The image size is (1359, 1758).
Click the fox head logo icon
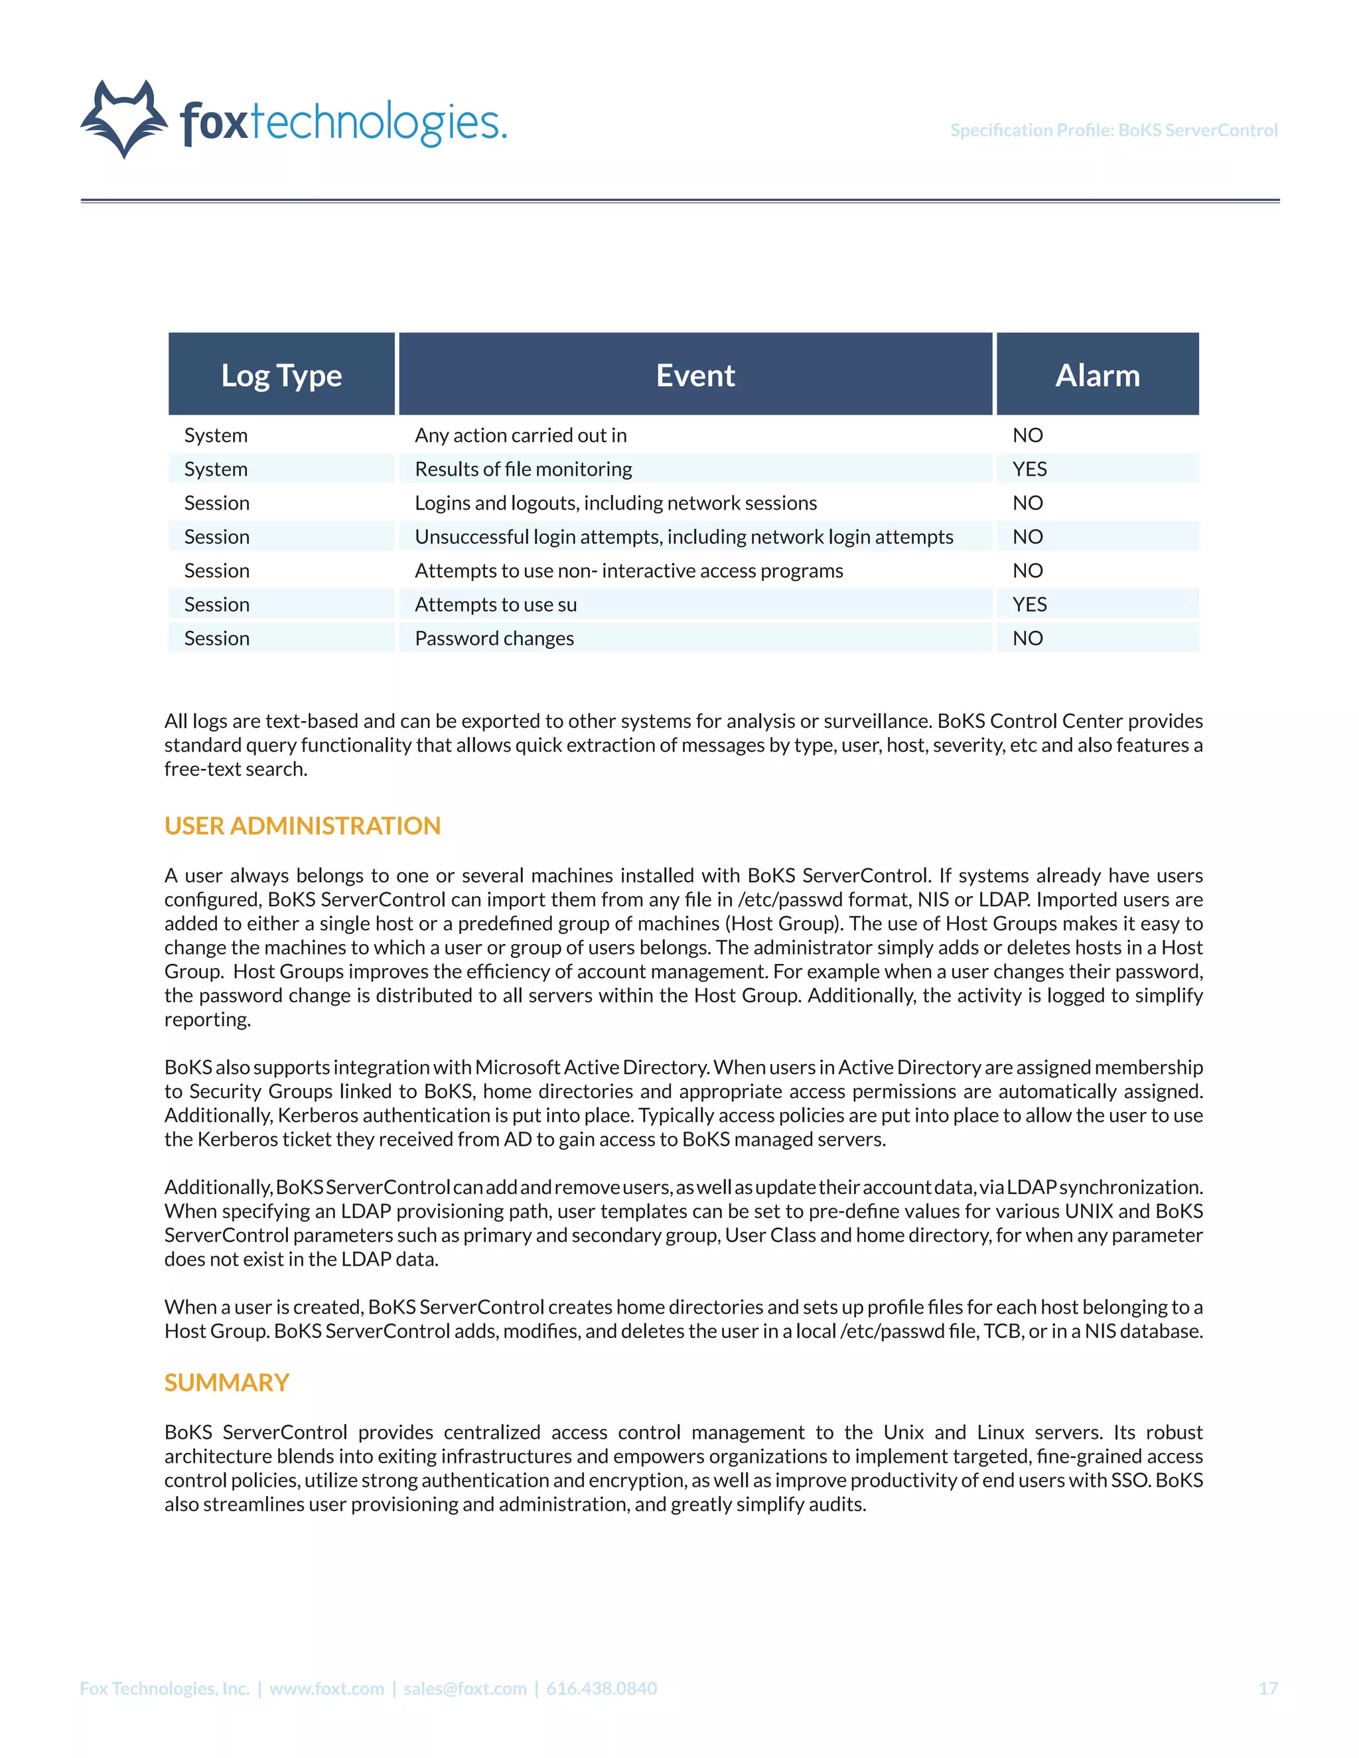[124, 119]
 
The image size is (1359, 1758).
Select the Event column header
[695, 375]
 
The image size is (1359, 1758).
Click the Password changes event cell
[494, 638]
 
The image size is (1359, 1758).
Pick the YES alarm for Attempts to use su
[1029, 604]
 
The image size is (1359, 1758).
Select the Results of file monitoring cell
[524, 469]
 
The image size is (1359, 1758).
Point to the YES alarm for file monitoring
[1029, 469]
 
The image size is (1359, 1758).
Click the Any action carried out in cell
[520, 435]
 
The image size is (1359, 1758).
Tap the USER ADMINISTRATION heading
[302, 826]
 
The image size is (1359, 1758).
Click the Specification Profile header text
[1113, 131]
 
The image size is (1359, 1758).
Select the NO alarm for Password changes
[1027, 638]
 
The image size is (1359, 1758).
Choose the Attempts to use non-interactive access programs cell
[629, 571]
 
